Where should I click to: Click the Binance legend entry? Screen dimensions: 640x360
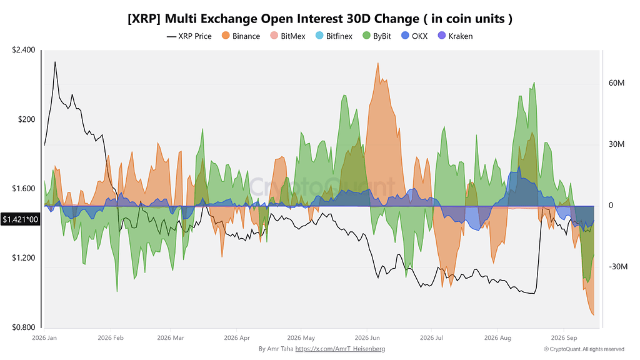(241, 36)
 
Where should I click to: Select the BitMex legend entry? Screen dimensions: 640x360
(287, 36)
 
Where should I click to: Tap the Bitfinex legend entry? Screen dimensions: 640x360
(334, 36)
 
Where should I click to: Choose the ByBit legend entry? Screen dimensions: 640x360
(377, 36)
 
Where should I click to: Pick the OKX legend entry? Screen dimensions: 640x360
(414, 36)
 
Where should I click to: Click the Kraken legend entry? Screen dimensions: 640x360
(455, 36)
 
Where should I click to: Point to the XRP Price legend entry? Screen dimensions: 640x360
(189, 36)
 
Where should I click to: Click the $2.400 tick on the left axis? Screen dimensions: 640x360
(24, 50)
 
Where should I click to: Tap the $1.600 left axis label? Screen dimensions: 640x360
(24, 189)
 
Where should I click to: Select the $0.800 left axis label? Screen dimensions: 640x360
(24, 327)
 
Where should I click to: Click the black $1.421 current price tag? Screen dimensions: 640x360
(20, 219)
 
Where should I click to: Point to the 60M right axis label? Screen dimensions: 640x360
(616, 83)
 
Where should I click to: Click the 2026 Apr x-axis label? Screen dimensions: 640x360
(237, 338)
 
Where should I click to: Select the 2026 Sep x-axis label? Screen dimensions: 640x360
(564, 338)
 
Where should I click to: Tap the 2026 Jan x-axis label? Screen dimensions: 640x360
(44, 338)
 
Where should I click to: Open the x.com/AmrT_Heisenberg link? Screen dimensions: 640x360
(340, 349)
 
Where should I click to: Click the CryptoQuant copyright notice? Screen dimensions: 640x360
(584, 349)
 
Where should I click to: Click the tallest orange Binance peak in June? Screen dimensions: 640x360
(378, 63)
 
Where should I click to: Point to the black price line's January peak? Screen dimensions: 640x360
(55, 62)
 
